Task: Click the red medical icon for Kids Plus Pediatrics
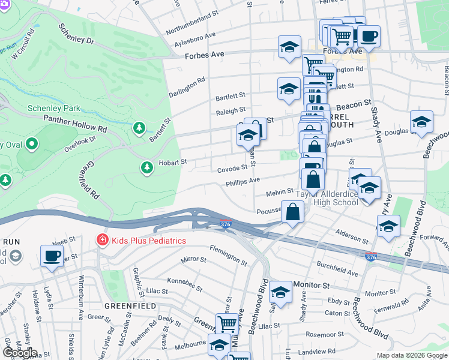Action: click(x=102, y=241)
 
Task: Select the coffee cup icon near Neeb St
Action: click(x=51, y=256)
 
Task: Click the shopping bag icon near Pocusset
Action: click(x=292, y=212)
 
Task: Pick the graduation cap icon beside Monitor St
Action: click(x=280, y=292)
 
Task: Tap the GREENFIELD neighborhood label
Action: click(x=131, y=305)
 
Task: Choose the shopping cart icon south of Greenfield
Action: click(x=226, y=323)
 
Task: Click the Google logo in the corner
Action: click(x=19, y=353)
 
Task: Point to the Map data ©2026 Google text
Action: click(x=411, y=355)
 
